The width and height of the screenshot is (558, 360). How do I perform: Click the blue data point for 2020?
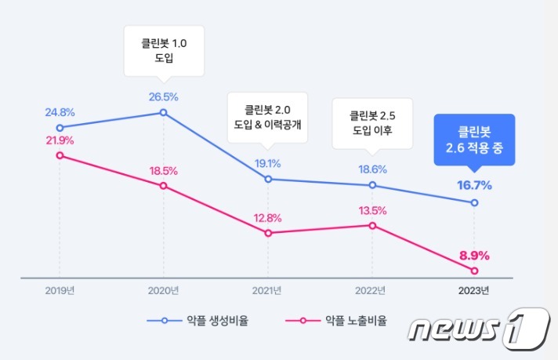pyautogui.click(x=163, y=112)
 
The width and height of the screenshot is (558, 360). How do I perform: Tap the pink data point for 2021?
pyautogui.click(x=268, y=233)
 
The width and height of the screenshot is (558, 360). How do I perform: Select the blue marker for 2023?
pyautogui.click(x=475, y=203)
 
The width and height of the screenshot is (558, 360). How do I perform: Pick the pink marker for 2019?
pyautogui.click(x=60, y=155)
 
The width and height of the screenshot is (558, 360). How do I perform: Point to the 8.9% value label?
pyautogui.click(x=474, y=255)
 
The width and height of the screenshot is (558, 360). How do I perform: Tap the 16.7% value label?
pyautogui.click(x=475, y=186)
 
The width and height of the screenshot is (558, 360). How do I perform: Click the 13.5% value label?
pyautogui.click(x=371, y=210)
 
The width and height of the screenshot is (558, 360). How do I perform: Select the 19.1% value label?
pyautogui.click(x=268, y=164)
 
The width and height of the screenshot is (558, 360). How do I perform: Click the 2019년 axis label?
pyautogui.click(x=60, y=291)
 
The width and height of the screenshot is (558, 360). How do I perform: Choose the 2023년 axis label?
pyautogui.click(x=475, y=291)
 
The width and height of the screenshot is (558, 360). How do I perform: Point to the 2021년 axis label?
pyautogui.click(x=268, y=291)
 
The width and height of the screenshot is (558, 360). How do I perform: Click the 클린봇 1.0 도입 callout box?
pyautogui.click(x=164, y=50)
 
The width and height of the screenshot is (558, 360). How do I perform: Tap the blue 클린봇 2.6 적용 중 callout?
pyautogui.click(x=474, y=140)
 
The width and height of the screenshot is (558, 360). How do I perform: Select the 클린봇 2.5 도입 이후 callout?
pyautogui.click(x=371, y=122)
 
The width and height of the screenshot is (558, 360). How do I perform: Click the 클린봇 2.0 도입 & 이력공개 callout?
pyautogui.click(x=267, y=117)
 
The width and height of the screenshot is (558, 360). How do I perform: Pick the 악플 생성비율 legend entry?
pyautogui.click(x=203, y=321)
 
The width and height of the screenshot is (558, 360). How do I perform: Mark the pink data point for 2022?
pyautogui.click(x=371, y=226)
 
